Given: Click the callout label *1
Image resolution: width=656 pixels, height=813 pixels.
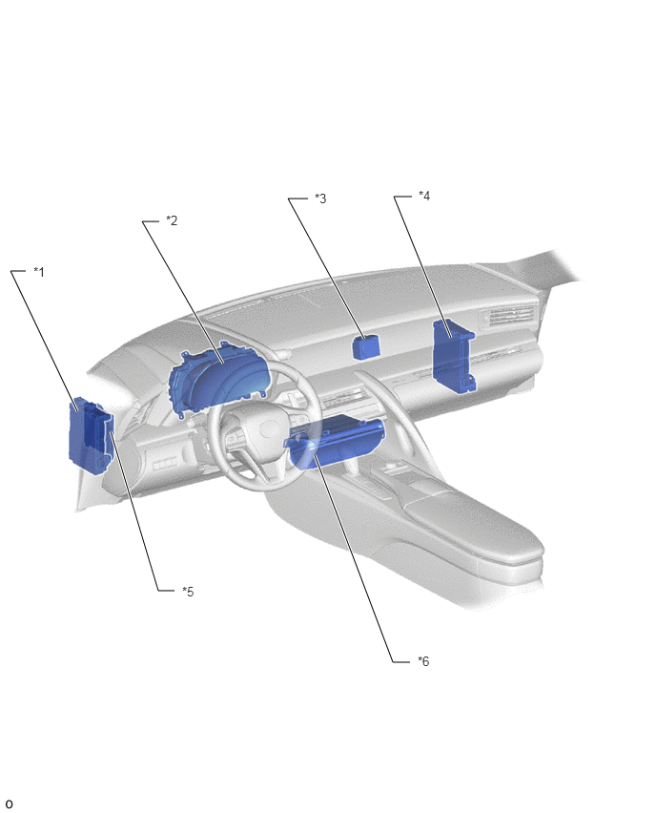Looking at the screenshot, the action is (39, 272).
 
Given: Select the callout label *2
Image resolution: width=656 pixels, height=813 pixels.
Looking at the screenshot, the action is (172, 220).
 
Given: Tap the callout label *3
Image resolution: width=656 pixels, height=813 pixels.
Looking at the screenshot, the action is (320, 198).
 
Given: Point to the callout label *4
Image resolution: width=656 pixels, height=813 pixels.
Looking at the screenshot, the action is (424, 196).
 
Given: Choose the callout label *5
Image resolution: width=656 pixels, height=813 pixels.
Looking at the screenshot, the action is (188, 592).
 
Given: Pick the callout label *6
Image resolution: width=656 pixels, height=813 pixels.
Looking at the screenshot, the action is (423, 661).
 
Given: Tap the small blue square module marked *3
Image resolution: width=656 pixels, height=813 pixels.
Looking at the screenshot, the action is (366, 346).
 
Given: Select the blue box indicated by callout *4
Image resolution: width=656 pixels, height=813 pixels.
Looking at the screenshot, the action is (454, 356).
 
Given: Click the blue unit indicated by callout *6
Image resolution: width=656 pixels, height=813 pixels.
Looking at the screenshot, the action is (336, 440).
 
